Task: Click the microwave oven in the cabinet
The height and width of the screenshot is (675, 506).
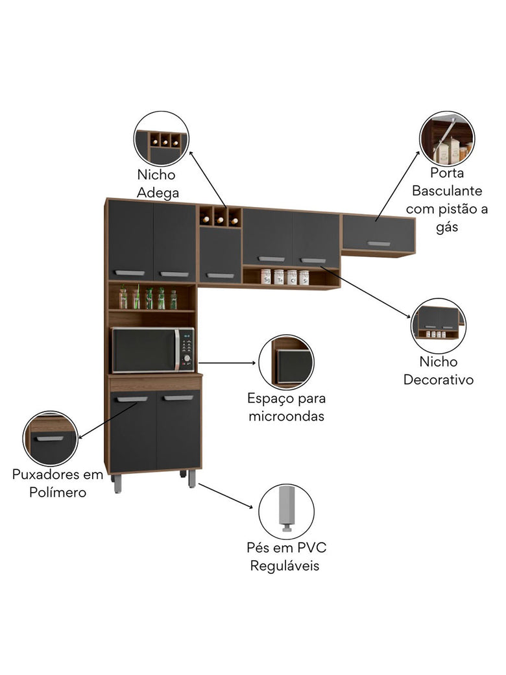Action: pos(152,350)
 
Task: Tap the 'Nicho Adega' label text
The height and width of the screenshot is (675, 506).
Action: pos(156,184)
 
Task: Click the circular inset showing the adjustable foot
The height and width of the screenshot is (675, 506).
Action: pos(286,511)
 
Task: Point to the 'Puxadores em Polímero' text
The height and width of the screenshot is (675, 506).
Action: pos(58,483)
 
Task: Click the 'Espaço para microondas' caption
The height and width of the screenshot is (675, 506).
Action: pos(286,407)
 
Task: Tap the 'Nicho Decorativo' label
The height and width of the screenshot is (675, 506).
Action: pos(439,371)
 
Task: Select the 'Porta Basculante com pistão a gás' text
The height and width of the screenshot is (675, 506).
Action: pos(447,200)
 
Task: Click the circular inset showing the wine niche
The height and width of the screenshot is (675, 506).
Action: pos(162,138)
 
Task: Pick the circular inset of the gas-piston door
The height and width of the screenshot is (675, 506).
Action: pos(446,138)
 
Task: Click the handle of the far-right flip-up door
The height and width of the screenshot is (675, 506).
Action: pos(378,243)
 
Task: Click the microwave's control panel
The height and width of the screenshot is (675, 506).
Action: pos(186,350)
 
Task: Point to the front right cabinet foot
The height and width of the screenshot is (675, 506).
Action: pos(192,480)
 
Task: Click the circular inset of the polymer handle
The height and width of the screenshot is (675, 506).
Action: pos(51,438)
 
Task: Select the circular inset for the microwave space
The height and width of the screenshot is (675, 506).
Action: pos(286,362)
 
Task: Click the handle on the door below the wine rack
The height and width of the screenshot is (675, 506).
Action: pos(220,275)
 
